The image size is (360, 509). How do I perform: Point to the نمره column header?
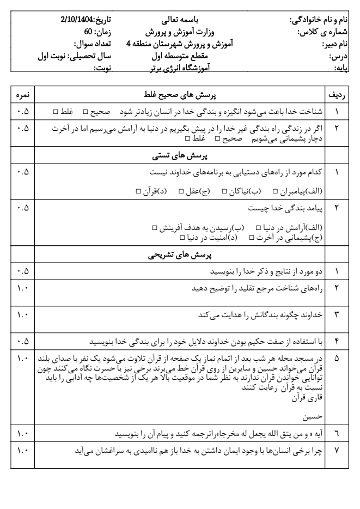pos(22,94)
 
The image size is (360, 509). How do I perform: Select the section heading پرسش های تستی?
pos(180,156)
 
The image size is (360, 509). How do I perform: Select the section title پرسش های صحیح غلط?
pos(180,94)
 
